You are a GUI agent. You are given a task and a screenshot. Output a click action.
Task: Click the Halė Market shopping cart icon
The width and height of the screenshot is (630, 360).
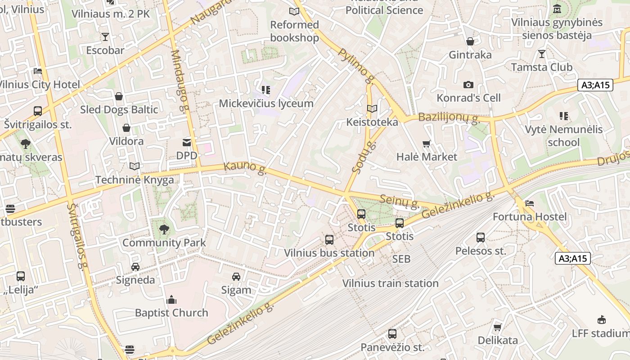tap(427, 144)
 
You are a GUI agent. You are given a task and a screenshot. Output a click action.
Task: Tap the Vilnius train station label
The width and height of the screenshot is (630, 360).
tap(390, 283)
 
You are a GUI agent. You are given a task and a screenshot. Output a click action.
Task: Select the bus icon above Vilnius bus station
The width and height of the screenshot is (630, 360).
tap(329, 240)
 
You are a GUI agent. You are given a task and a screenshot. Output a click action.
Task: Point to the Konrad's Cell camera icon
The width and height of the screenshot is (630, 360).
tap(468, 85)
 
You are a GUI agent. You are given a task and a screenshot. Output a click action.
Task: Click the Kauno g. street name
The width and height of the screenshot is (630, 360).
tap(245, 168)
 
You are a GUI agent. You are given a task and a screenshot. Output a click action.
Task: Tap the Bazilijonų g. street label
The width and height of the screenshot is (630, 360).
tap(449, 118)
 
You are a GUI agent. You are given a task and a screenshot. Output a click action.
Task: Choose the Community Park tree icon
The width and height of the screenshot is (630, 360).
tap(164, 229)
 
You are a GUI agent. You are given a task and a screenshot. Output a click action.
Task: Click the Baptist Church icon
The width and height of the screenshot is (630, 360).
tap(171, 300)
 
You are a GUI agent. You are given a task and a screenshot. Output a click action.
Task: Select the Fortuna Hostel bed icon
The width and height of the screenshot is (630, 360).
tap(530, 204)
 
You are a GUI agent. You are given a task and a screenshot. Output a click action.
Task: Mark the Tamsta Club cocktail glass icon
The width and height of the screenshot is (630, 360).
tap(541, 54)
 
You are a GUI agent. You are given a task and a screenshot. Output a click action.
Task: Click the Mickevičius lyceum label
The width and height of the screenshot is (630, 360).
tap(266, 103)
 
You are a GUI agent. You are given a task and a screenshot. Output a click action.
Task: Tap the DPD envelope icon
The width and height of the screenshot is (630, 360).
tap(186, 143)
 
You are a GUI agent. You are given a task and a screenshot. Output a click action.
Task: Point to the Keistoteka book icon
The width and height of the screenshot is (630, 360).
tap(372, 109)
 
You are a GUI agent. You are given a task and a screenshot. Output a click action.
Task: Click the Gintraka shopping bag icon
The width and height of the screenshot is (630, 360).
tap(470, 42)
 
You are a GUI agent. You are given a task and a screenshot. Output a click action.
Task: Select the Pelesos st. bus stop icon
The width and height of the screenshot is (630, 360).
tap(481, 238)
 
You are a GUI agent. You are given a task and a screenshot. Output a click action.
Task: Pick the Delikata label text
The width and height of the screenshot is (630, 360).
tap(498, 340)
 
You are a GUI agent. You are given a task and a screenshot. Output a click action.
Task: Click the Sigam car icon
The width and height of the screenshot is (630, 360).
tap(236, 277)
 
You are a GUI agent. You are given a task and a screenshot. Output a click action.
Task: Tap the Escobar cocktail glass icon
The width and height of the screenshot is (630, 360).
tap(105, 37)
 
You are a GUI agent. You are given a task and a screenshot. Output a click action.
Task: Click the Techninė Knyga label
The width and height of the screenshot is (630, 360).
tap(135, 180)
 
